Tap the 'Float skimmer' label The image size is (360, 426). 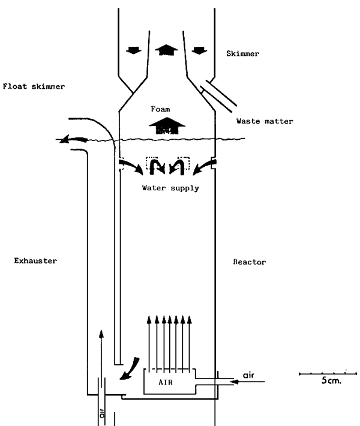click(x=33, y=86)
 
